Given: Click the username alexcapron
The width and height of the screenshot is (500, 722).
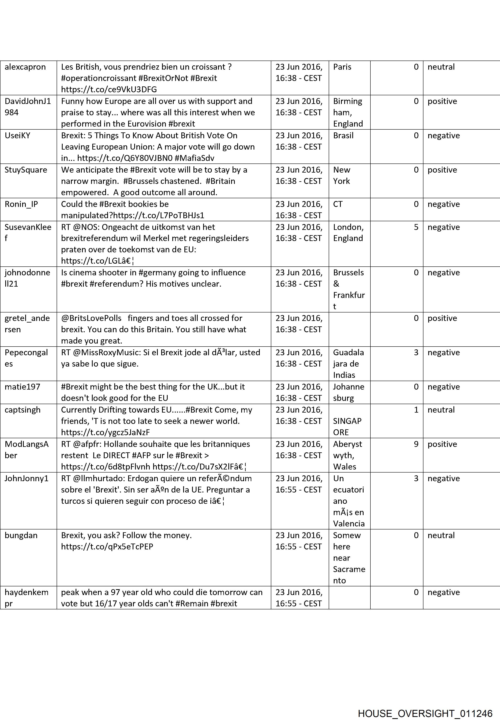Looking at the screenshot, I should (x=25, y=67).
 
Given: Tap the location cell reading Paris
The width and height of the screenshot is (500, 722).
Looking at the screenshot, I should (x=342, y=67).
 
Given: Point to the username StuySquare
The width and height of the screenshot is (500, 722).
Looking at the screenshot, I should (x=26, y=170).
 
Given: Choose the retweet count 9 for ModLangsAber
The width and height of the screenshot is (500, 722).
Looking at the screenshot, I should (x=416, y=444).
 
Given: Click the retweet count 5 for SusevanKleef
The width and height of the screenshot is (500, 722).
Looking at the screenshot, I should (x=416, y=227).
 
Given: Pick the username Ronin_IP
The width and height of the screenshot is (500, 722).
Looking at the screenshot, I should (x=21, y=204).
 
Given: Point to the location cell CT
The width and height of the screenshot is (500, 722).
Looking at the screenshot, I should (x=338, y=204).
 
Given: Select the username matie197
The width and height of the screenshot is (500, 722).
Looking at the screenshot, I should (x=23, y=387).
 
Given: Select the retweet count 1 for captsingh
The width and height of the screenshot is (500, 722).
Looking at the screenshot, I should (x=416, y=410).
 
